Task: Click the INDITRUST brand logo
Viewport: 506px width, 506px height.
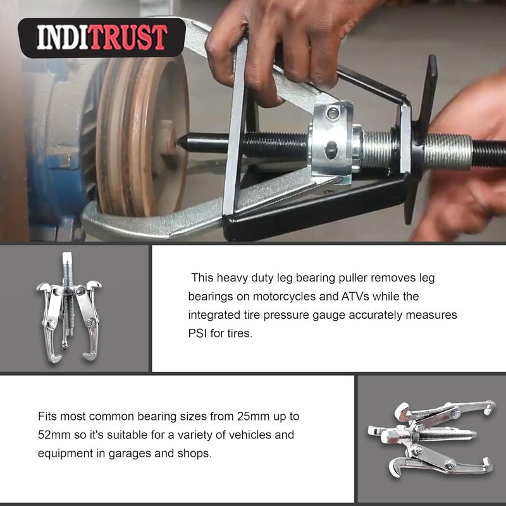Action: [x=101, y=37]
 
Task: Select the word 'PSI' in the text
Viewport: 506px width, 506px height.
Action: [x=199, y=333]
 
